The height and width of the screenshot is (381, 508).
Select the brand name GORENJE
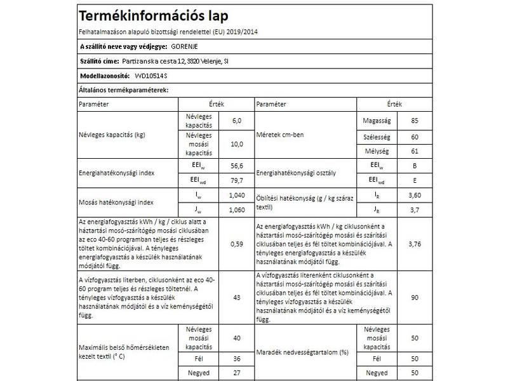tap(187, 46)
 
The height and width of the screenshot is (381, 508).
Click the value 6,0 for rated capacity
tap(237, 121)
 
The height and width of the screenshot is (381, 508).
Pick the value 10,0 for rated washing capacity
tap(237, 144)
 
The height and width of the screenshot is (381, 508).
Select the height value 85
tap(415, 121)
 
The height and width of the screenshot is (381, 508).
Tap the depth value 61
tap(415, 152)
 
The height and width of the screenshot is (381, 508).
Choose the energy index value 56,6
tap(237, 166)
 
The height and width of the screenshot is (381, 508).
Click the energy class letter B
tap(415, 166)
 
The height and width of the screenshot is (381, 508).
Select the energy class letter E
tap(415, 180)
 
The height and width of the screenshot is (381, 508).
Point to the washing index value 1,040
tap(236, 195)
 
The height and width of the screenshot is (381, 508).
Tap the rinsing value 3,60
tap(415, 195)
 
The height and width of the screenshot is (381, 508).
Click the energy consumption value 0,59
tap(237, 244)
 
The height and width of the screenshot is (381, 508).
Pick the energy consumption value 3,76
tap(415, 244)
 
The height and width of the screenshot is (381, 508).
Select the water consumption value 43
tap(237, 297)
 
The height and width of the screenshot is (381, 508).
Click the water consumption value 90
tap(415, 297)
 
